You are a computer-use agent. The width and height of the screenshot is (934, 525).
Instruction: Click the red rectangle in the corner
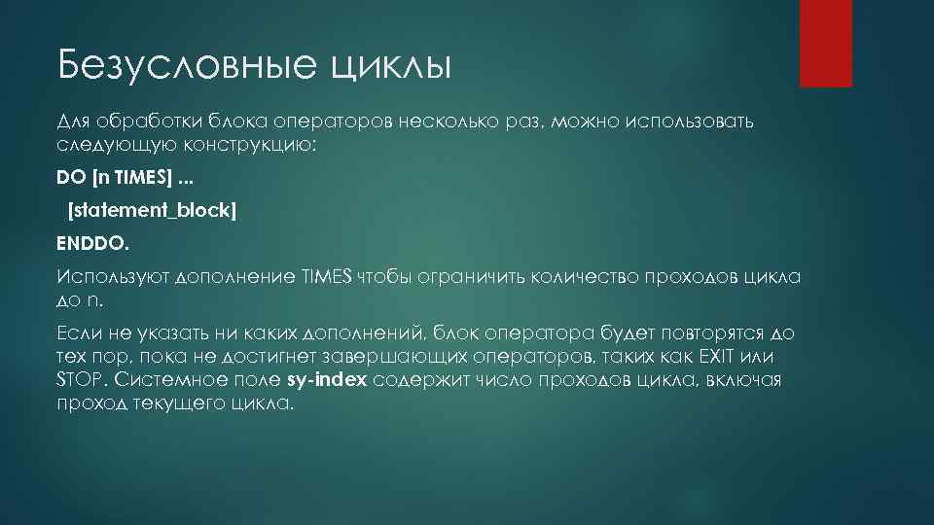click(x=825, y=44)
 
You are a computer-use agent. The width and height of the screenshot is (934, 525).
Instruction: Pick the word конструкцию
click(x=252, y=144)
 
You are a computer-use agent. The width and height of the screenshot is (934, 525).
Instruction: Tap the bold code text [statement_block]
click(x=151, y=210)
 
